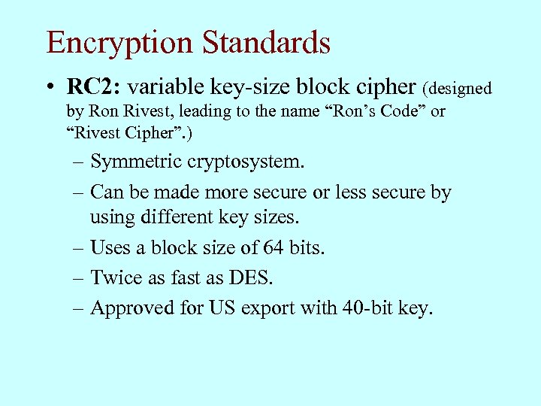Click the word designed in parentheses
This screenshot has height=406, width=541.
459,89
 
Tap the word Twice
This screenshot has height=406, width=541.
113,277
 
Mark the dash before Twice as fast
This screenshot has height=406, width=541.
77,278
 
